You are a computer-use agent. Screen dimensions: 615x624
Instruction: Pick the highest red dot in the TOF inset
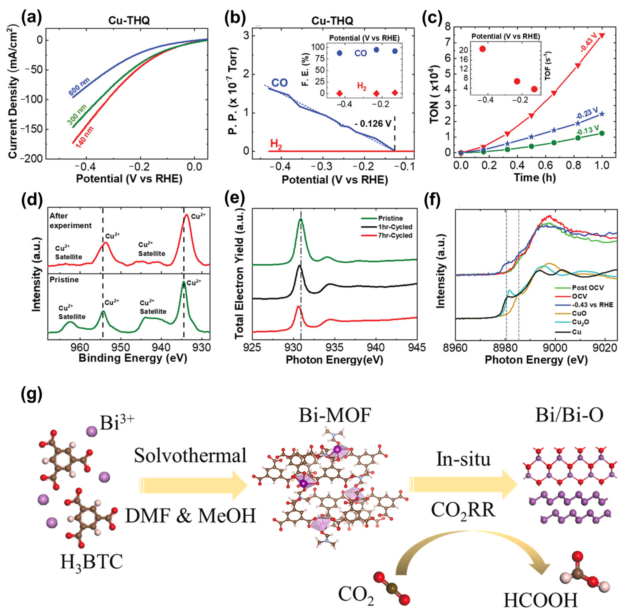click(x=482, y=49)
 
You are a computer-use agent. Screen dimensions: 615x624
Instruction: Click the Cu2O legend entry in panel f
click(x=579, y=322)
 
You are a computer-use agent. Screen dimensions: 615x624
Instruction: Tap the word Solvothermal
click(x=190, y=456)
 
